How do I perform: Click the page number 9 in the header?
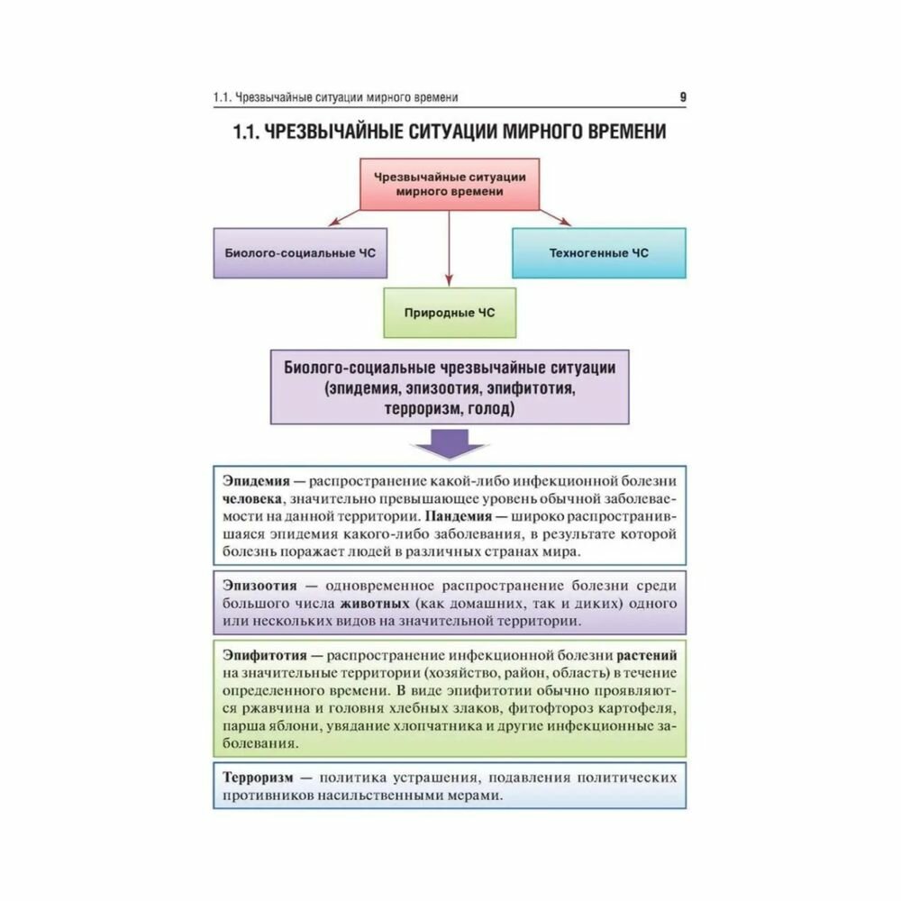[x=682, y=97]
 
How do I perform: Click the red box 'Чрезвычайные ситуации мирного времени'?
[x=449, y=184]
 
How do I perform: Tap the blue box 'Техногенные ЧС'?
[x=598, y=253]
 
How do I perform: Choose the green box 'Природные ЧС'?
[x=449, y=313]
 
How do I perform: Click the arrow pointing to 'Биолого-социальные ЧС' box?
[x=344, y=216]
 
